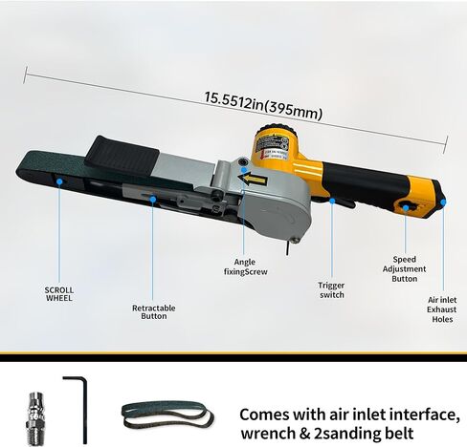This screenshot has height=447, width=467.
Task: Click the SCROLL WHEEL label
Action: click(59, 294)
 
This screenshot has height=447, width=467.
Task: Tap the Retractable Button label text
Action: click(154, 312)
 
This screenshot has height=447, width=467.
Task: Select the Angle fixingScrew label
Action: click(245, 266)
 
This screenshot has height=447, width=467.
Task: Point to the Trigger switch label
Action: click(331, 289)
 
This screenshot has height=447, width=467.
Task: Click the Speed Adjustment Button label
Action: click(404, 269)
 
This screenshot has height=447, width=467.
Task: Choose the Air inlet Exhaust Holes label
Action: click(442, 309)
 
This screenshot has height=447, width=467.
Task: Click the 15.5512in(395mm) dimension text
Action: click(263, 105)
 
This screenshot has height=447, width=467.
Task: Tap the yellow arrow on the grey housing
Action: click(253, 180)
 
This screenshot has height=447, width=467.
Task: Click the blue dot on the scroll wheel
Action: click(59, 181)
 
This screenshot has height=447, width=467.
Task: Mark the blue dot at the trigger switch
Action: click(332, 201)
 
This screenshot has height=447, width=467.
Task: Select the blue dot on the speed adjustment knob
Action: click(406, 208)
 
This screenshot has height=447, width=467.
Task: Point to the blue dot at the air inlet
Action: click(443, 202)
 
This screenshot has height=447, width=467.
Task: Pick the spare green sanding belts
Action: click(167, 414)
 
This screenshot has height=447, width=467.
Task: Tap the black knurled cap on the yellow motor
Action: click(277, 127)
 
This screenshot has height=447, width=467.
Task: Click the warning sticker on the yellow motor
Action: click(273, 147)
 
